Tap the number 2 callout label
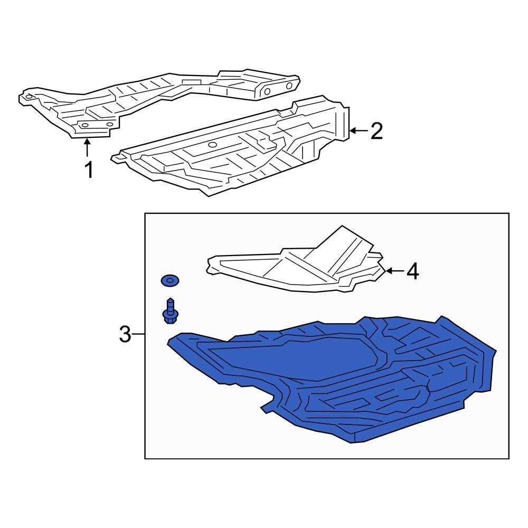tap(377, 131)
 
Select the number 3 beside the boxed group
tap(125, 334)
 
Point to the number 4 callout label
tap(412, 271)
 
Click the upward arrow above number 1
tap(87, 148)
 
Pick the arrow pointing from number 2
tap(359, 130)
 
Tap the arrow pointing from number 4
tap(394, 270)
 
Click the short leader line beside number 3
tap(138, 334)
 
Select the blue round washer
tap(169, 280)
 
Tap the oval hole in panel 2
tap(212, 145)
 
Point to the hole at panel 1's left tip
tap(29, 97)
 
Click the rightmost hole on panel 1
tap(289, 86)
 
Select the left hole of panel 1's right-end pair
tap(267, 91)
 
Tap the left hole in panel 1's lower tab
tap(85, 125)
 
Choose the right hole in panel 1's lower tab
tap(109, 124)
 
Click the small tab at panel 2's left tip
tap(117, 157)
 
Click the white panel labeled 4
tap(296, 262)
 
